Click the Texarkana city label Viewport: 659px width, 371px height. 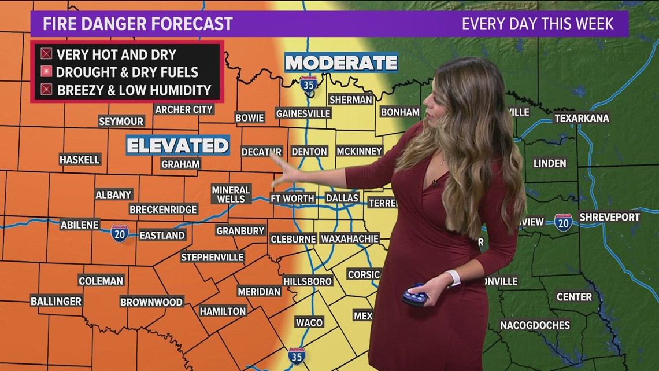582,118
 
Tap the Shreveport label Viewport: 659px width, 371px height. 609,217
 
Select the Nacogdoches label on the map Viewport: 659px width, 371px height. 535,325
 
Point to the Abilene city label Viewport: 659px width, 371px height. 80,225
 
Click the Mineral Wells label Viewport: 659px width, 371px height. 231,194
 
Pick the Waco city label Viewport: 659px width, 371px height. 309,322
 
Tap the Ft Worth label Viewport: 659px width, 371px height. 293,199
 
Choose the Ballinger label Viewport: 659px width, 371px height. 56,301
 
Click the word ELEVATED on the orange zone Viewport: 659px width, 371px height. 178,145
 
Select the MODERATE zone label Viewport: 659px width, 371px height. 341,63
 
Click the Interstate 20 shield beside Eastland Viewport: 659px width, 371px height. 120,233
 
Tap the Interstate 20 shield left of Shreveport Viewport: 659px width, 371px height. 563,222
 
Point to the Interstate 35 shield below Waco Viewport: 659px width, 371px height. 297,355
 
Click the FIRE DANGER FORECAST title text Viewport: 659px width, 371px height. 138,24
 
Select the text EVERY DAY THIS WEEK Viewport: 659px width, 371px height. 537,24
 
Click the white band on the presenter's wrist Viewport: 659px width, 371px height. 453,278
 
